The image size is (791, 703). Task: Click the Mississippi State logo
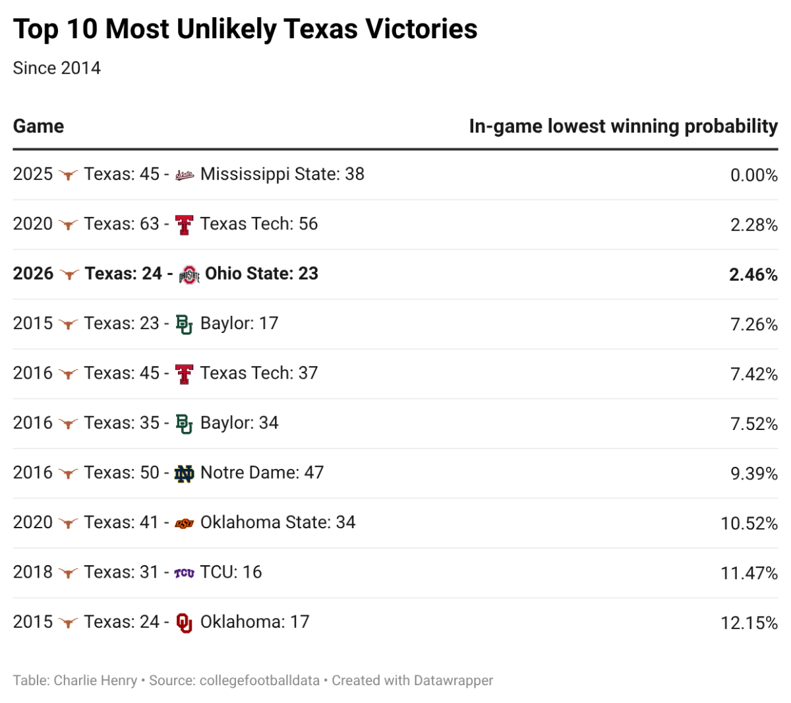pos(185,175)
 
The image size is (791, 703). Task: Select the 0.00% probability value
pos(753,175)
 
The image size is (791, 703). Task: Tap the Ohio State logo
pos(189,274)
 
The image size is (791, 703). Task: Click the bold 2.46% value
pos(753,274)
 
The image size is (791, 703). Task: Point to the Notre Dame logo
pos(185,474)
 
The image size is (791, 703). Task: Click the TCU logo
pos(185,573)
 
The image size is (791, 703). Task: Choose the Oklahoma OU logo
pos(185,623)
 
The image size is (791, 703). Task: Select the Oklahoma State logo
pos(185,524)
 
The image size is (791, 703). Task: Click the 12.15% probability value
pos(749,623)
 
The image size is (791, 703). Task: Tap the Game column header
pos(38,126)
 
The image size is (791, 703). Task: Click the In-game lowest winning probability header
pos(623,127)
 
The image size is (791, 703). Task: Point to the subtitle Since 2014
pos(57,68)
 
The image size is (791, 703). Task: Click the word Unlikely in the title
pos(226,29)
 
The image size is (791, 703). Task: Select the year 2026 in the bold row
pos(33,274)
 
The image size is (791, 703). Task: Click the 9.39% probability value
pos(753,474)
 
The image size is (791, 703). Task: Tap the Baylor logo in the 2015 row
pos(185,324)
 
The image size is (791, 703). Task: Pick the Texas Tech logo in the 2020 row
pos(185,225)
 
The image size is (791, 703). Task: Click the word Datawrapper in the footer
pos(454,680)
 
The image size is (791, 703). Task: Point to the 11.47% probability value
pos(749,573)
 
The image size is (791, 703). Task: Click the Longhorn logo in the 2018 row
pos(69,573)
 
